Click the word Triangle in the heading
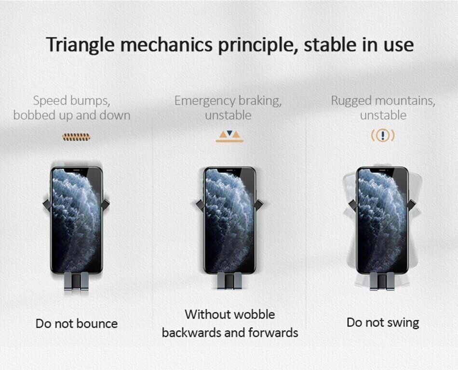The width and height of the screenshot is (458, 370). [80, 45]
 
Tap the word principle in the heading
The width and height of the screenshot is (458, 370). [257, 45]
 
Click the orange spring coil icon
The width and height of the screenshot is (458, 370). [76, 137]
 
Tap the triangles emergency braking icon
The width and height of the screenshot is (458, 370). [229, 136]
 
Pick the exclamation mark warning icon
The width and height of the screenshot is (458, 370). [383, 136]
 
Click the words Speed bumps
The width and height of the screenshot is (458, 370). [71, 101]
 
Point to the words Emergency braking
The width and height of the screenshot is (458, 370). [228, 101]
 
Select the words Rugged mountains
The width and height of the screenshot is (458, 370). [383, 101]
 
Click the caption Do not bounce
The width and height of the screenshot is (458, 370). [77, 324]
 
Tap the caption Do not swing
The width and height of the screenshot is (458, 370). [383, 323]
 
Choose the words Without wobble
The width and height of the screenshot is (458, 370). [230, 315]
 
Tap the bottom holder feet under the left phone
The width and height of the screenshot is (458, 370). [76, 281]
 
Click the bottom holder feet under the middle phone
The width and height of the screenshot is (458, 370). [229, 281]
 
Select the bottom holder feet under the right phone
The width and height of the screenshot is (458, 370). [383, 281]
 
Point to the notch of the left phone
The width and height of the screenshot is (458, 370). [77, 169]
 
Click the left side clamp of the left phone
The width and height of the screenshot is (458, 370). [47, 204]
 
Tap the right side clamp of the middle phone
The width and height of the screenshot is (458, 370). [258, 204]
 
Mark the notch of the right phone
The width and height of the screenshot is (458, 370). [383, 169]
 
